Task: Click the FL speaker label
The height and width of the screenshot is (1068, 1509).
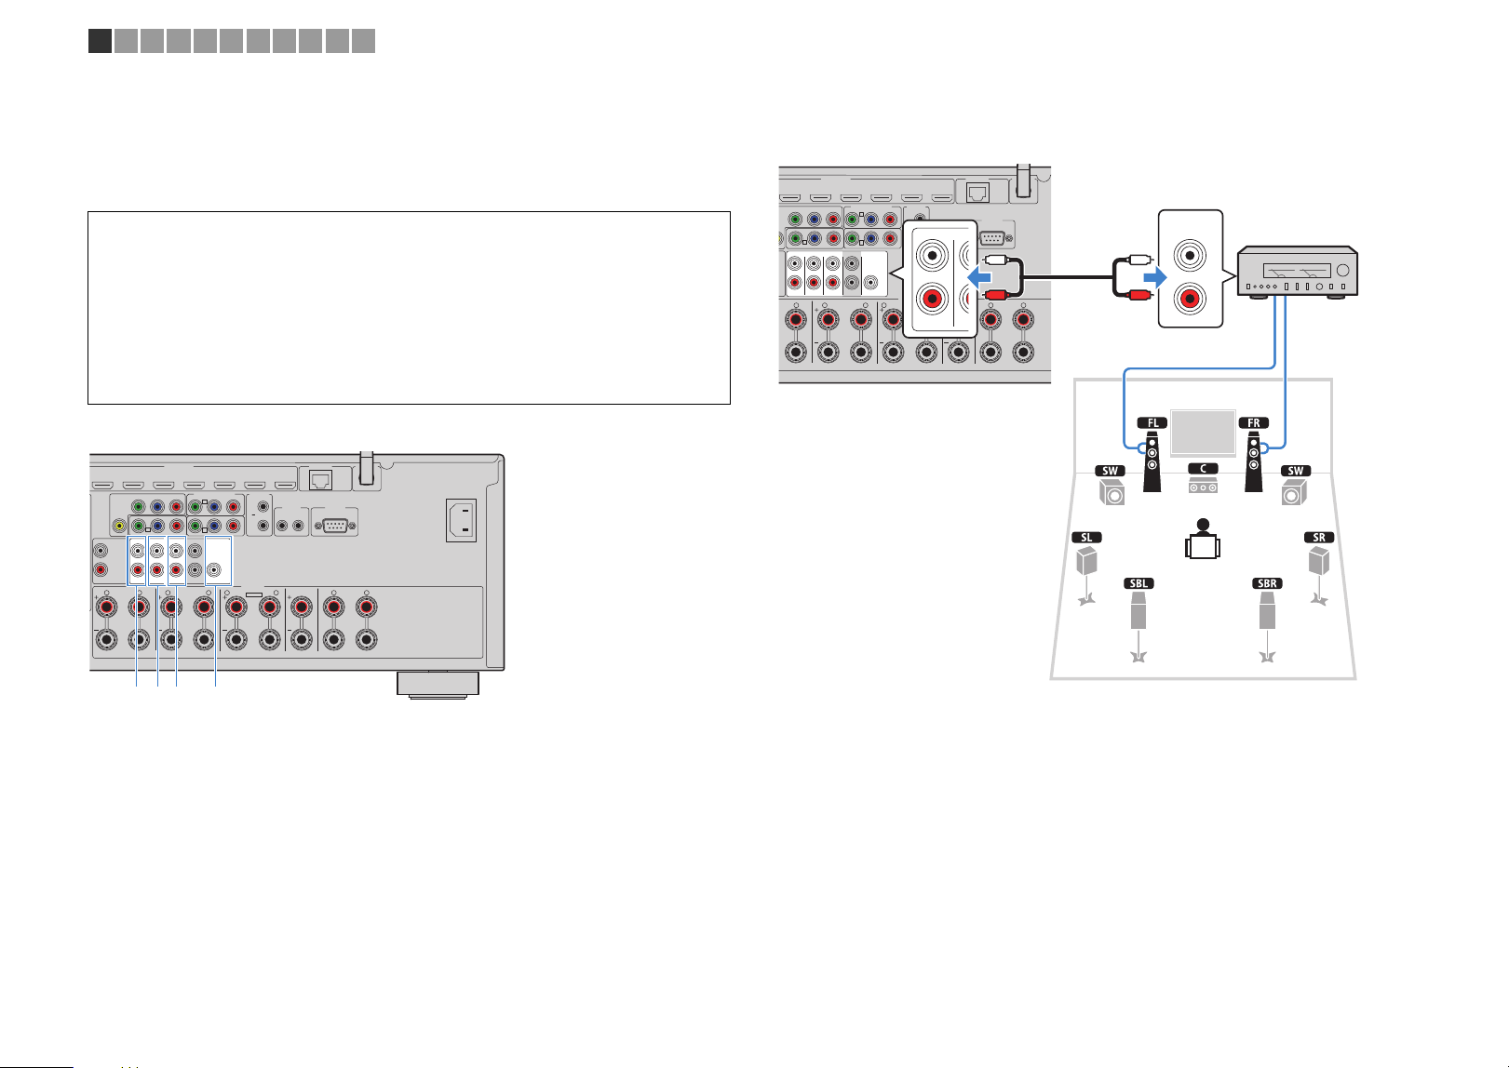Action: pos(1152,423)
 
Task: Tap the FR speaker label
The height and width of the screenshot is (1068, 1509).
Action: pos(1253,423)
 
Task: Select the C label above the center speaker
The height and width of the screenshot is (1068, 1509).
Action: pos(1203,469)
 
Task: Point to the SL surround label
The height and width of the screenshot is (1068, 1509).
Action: pos(1086,538)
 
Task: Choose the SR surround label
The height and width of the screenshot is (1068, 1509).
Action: pos(1319,538)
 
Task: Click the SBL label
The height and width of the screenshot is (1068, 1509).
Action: pos(1138,583)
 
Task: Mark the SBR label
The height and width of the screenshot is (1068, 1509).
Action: pos(1267,583)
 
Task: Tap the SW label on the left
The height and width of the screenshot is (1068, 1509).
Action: pos(1110,471)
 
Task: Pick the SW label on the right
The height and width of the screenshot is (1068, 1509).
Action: pos(1296,471)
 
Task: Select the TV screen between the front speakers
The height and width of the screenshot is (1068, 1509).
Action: pos(1203,432)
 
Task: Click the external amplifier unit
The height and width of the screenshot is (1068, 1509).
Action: pos(1297,272)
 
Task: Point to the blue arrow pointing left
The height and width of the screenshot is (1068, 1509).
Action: pos(979,276)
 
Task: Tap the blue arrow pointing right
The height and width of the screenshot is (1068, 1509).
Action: pos(1155,276)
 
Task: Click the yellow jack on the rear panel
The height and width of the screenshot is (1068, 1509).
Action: pos(119,526)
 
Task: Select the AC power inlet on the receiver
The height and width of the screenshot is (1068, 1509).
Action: pos(462,520)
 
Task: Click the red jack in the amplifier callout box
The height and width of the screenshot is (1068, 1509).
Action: pos(1190,299)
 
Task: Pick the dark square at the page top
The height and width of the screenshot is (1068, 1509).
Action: pos(100,41)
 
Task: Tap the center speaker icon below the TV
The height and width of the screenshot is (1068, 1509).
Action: pos(1203,484)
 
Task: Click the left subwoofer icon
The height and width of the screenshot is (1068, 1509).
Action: pos(1112,492)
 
